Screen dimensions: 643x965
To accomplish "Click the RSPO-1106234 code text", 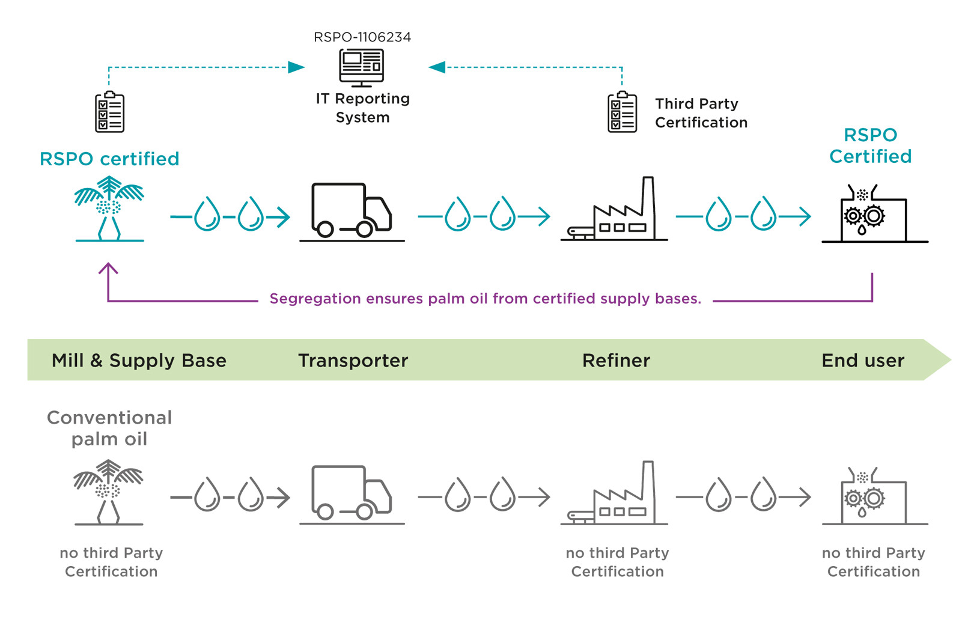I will click(x=362, y=37).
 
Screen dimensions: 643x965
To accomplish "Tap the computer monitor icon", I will click(x=362, y=67).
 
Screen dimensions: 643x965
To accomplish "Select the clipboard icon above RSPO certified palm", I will click(x=109, y=112).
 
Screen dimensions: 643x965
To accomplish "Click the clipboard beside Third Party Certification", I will click(x=622, y=112).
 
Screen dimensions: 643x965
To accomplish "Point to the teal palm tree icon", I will click(x=109, y=208).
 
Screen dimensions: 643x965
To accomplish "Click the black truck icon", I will click(x=352, y=210).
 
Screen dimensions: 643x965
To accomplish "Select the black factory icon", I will click(x=614, y=210).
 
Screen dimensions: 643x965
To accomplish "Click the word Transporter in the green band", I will click(x=353, y=361).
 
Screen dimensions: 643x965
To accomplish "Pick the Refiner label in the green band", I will click(x=616, y=361).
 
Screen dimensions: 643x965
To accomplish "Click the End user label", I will click(x=862, y=361).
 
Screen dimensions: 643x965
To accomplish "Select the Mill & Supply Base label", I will click(x=139, y=361).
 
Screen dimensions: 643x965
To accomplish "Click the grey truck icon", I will click(x=352, y=493).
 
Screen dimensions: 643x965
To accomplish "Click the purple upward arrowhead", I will click(x=108, y=268).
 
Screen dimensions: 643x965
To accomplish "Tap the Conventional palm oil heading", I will click(x=109, y=428).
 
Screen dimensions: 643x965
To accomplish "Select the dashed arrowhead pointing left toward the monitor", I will click(x=437, y=67).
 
